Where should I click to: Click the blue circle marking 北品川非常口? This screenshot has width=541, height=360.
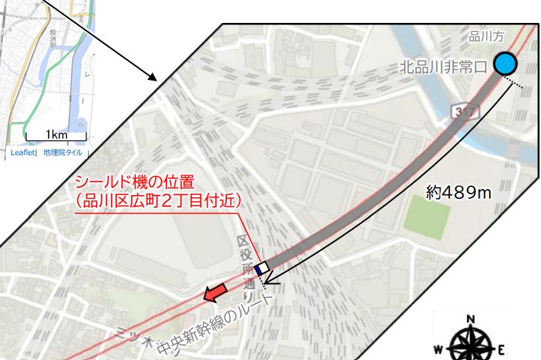coord(506,64)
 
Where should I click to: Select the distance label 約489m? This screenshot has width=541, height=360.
coord(459,193)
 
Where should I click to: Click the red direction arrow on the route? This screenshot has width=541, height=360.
coord(216,293)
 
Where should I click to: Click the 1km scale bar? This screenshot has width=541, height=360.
coord(56,136)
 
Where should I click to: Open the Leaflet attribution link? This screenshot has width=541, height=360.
coord(22,153)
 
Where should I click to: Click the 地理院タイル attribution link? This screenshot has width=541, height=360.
coord(63,153)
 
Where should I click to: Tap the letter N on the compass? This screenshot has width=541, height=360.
coord(471,320)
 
